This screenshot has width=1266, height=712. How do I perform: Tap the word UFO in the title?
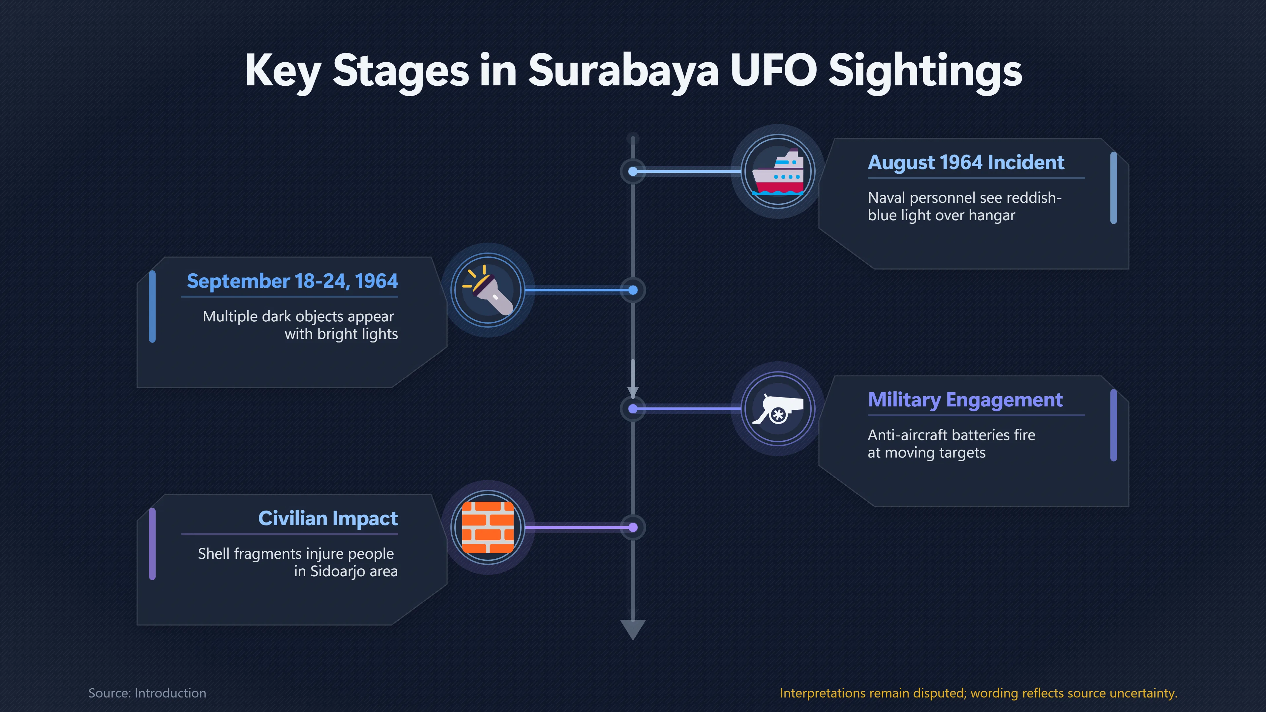[x=773, y=71]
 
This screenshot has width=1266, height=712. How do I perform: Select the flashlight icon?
[x=488, y=290]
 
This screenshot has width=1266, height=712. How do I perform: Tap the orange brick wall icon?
[x=488, y=527]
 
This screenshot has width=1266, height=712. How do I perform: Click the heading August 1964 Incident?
[x=966, y=162]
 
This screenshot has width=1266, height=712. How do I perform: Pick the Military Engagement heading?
[x=965, y=400]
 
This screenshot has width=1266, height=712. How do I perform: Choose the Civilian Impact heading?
[x=328, y=519]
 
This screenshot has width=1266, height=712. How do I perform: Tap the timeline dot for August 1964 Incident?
[x=633, y=171]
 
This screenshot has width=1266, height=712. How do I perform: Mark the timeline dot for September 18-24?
[x=633, y=290]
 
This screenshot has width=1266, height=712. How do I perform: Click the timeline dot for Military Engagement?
[x=633, y=409]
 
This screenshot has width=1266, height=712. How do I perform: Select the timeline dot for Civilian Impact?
[x=633, y=527]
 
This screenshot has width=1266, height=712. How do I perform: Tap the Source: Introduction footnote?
[x=147, y=693]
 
